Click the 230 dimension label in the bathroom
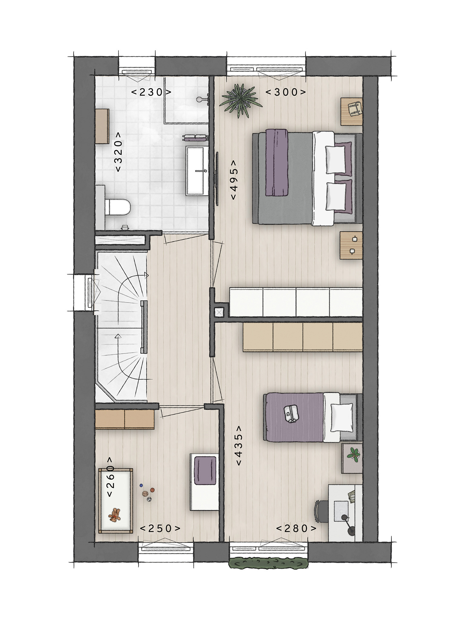pyautogui.click(x=151, y=92)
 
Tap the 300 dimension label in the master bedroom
pyautogui.click(x=286, y=92)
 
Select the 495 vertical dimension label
pyautogui.click(x=234, y=180)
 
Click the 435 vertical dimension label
pyautogui.click(x=239, y=445)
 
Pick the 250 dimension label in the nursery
pyautogui.click(x=160, y=528)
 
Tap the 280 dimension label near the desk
pyautogui.click(x=296, y=528)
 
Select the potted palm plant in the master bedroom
pyautogui.click(x=241, y=101)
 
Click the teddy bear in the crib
pyautogui.click(x=115, y=515)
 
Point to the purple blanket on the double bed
pyautogui.click(x=276, y=163)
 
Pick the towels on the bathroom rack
pyautogui.click(x=195, y=138)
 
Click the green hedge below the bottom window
pyautogui.click(x=268, y=563)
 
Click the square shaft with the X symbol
pyautogui.click(x=219, y=312)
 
